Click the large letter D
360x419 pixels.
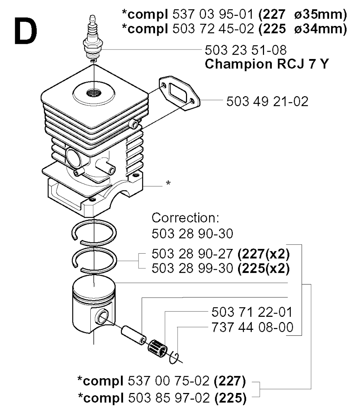[26, 31]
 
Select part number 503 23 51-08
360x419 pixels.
[245, 50]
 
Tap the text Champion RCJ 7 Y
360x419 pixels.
[266, 64]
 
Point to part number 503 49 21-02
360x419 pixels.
[267, 102]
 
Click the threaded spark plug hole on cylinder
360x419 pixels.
[94, 93]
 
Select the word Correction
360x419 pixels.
[185, 218]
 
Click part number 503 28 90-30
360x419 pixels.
[192, 234]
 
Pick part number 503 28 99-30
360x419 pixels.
[192, 268]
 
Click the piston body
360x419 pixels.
[94, 304]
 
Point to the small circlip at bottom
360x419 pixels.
[174, 358]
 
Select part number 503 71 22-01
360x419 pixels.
[252, 312]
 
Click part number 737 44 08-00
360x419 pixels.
[252, 327]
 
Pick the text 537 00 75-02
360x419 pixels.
[168, 381]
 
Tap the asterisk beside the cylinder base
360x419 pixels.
[168, 183]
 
